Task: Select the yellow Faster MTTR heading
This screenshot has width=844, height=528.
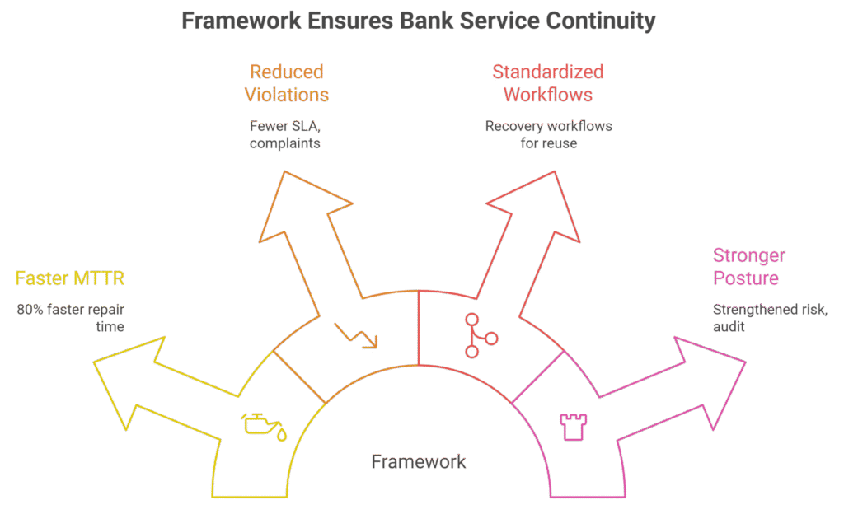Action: [x=70, y=278]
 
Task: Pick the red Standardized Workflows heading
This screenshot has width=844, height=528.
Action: [x=547, y=83]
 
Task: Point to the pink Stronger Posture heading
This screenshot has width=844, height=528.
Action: [x=749, y=267]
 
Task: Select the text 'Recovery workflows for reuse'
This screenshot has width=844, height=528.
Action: [x=547, y=135]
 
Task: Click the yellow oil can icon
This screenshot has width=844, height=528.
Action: [x=264, y=425]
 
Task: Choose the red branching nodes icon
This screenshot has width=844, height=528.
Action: [x=481, y=334]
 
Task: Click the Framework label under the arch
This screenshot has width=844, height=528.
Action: [x=418, y=462]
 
